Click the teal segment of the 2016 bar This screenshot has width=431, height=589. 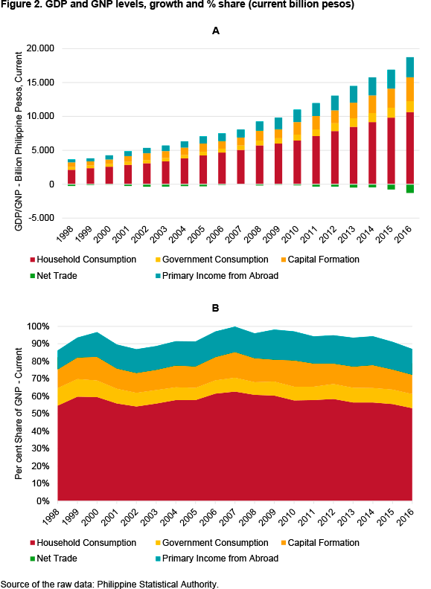[x=410, y=67]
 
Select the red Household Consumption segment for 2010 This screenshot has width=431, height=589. [x=297, y=162]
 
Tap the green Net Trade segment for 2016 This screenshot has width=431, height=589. [x=410, y=189]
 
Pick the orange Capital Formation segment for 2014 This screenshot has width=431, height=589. [x=372, y=104]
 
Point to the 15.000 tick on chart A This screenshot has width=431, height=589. [x=40, y=83]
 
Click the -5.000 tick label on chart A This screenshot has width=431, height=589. [x=40, y=218]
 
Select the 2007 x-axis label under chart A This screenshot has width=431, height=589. [x=234, y=234]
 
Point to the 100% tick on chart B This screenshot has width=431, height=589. [x=39, y=326]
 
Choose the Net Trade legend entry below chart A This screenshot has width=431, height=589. [x=54, y=276]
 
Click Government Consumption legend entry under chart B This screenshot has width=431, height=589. [x=211, y=543]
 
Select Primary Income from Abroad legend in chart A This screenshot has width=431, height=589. [x=217, y=276]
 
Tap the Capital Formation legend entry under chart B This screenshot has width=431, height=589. [x=320, y=543]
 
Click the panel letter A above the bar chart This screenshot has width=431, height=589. [x=216, y=30]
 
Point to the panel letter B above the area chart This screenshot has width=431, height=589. [x=216, y=308]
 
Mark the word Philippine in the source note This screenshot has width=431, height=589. [x=117, y=584]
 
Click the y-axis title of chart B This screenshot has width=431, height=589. [x=19, y=413]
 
